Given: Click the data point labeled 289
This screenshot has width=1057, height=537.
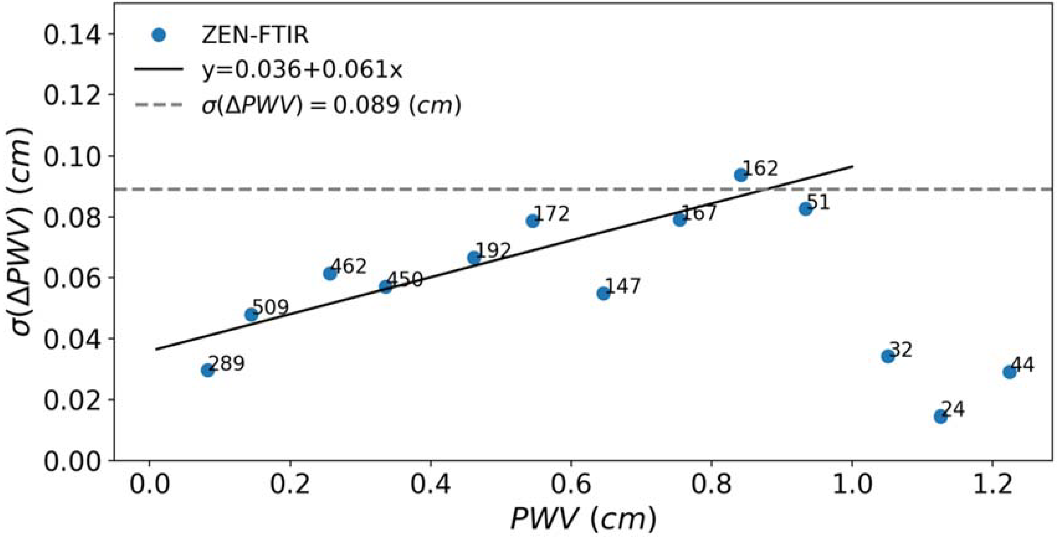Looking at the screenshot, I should [207, 370].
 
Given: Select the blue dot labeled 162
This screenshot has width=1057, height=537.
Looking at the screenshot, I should [740, 175].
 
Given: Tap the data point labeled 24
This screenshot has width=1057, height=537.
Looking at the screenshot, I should [940, 417].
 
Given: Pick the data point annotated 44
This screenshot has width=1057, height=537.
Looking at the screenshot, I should [1009, 372].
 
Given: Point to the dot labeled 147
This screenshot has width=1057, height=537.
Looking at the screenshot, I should [603, 293].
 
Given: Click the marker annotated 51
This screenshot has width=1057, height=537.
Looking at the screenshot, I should [805, 209].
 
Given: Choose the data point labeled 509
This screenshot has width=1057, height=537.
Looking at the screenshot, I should [251, 315].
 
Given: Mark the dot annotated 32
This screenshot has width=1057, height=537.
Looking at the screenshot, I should [887, 356].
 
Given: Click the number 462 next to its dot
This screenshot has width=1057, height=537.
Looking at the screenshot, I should [349, 266].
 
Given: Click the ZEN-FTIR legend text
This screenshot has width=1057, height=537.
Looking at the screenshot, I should [255, 36].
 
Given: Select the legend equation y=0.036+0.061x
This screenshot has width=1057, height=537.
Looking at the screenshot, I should [302, 71].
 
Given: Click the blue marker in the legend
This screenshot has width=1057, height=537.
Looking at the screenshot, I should [158, 35].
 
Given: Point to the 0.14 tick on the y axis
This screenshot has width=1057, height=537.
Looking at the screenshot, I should [72, 35].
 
